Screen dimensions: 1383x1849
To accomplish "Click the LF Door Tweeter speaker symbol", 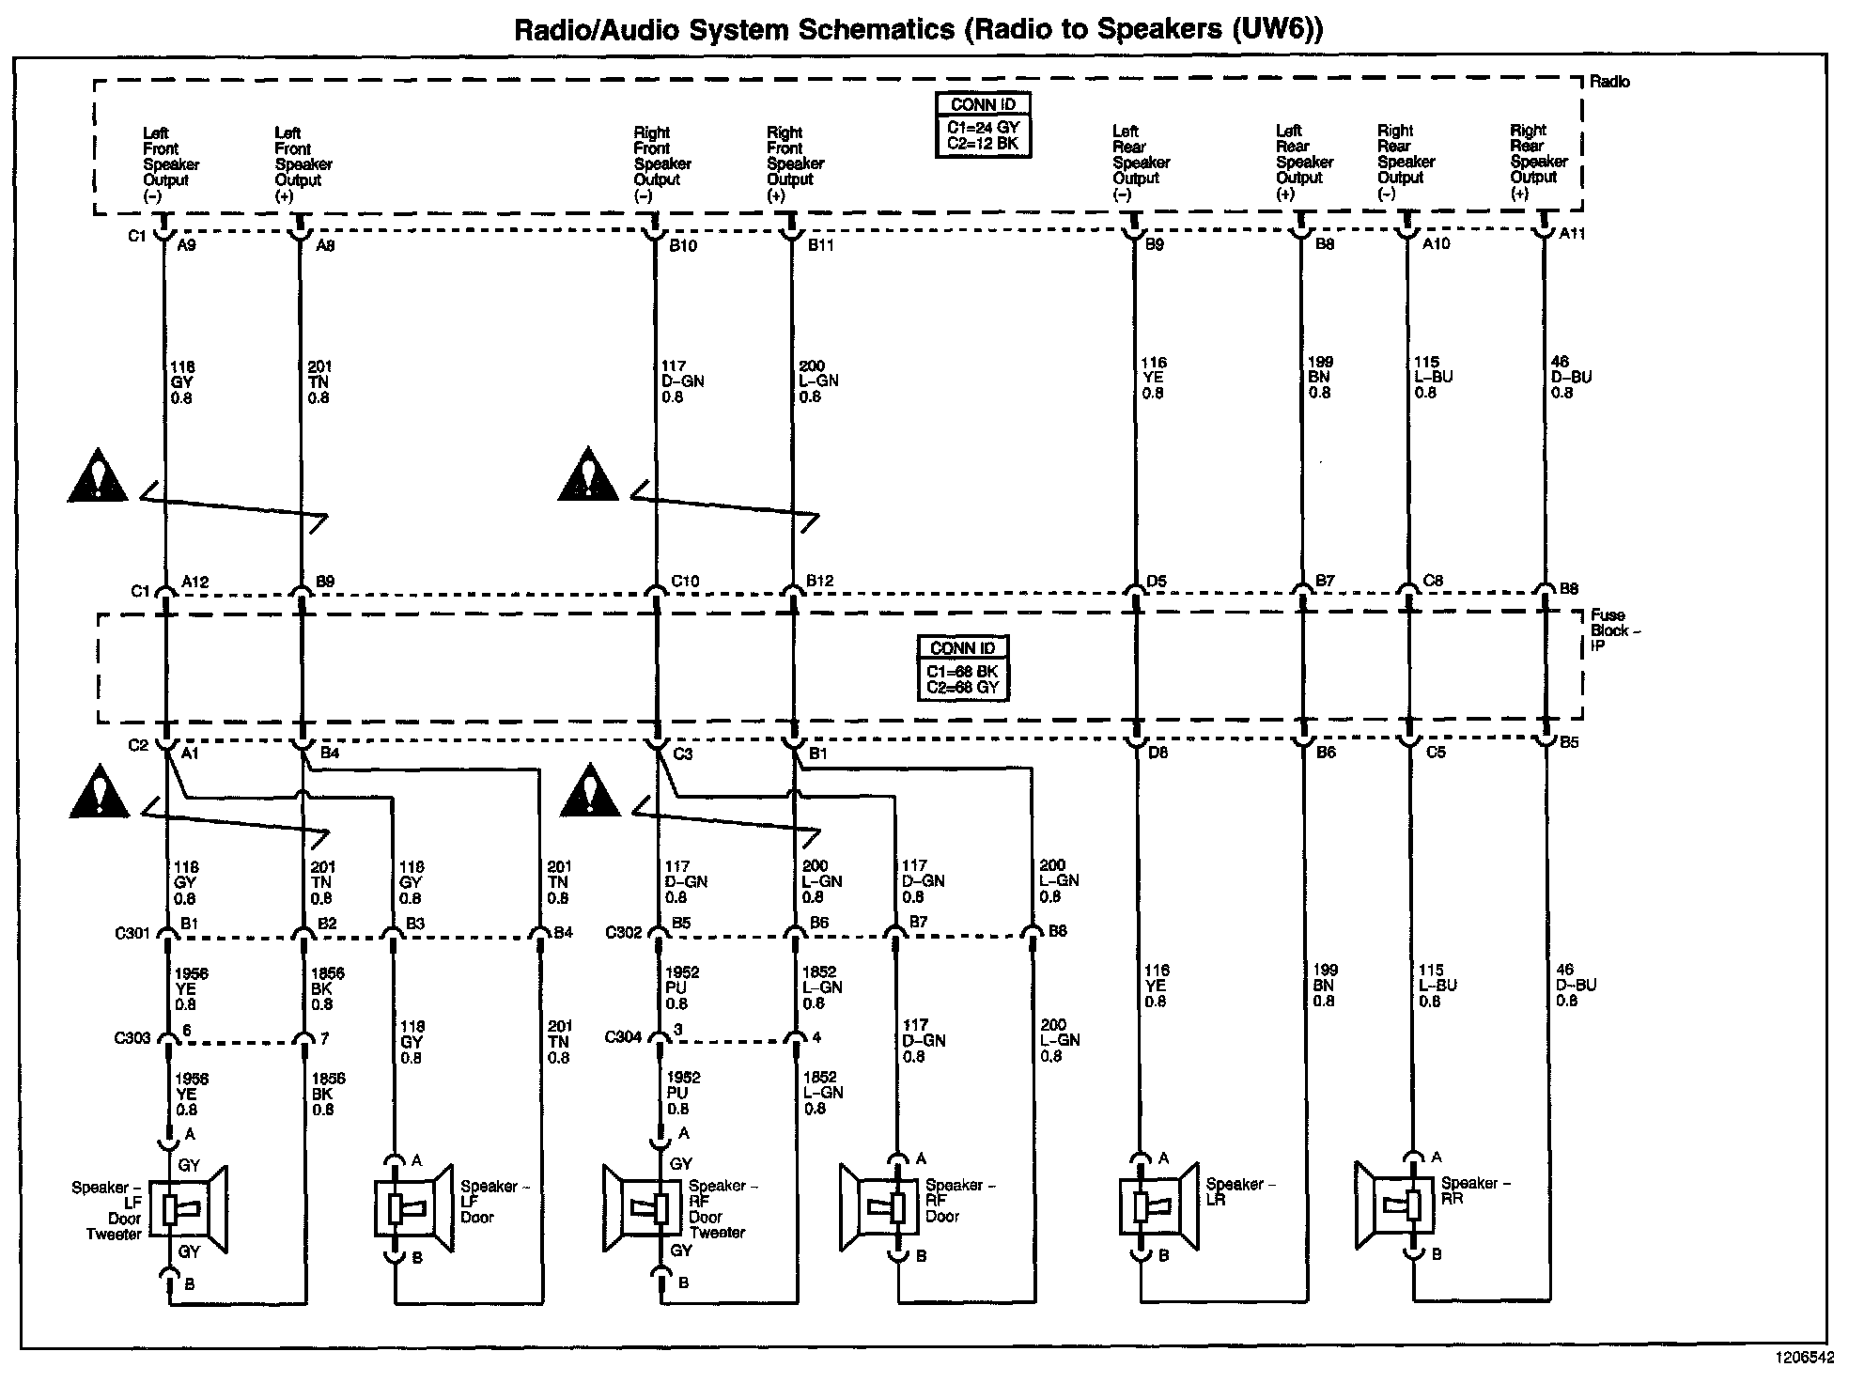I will pyautogui.click(x=194, y=1209).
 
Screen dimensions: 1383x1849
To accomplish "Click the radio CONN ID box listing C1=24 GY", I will pyautogui.click(x=984, y=126).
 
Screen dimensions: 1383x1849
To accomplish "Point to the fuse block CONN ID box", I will pyautogui.click(x=963, y=667).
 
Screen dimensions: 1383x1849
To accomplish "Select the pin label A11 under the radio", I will pyautogui.click(x=1571, y=234).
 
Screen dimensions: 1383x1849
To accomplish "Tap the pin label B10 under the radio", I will pyautogui.click(x=684, y=245).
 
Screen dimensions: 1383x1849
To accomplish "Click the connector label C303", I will pyautogui.click(x=132, y=1038).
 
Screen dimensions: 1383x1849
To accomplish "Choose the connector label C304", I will pyautogui.click(x=623, y=1037).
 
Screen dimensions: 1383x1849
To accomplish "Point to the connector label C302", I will pyautogui.click(x=623, y=932).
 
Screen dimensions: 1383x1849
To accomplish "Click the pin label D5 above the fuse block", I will pyautogui.click(x=1156, y=582).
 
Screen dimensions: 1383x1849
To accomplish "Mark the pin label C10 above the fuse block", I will pyautogui.click(x=685, y=582).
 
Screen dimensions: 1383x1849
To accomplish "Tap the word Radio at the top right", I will pyautogui.click(x=1609, y=82).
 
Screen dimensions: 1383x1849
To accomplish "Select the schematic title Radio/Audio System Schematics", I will pyautogui.click(x=917, y=29).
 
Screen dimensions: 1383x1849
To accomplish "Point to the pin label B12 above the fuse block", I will pyautogui.click(x=819, y=582).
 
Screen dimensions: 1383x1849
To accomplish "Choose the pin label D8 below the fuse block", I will pyautogui.click(x=1158, y=752).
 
